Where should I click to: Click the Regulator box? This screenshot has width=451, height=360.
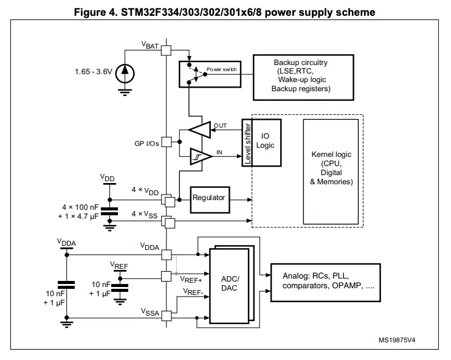pyautogui.click(x=208, y=198)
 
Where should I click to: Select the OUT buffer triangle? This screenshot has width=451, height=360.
pyautogui.click(x=199, y=129)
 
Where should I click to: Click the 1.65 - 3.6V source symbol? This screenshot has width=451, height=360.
pyautogui.click(x=125, y=72)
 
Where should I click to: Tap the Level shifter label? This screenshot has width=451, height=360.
pyautogui.click(x=247, y=143)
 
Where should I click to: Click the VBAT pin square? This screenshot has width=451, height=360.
pyautogui.click(x=167, y=50)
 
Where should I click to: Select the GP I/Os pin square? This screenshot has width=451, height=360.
pyautogui.click(x=167, y=144)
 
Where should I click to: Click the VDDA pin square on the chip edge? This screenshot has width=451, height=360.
pyautogui.click(x=167, y=254)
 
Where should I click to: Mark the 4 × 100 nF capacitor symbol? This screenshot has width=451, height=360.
pyautogui.click(x=109, y=212)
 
